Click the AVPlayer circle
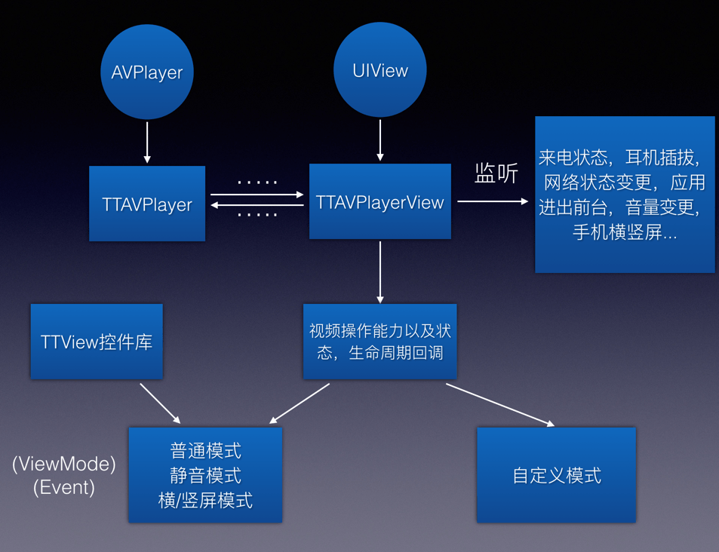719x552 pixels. coord(147,72)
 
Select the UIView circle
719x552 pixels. coord(380,70)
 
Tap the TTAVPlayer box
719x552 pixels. coord(147,204)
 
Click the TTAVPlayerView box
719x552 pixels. coord(380,202)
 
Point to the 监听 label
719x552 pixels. coord(496,174)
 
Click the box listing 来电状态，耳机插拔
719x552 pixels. coord(625,195)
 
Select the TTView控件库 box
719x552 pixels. coord(97,342)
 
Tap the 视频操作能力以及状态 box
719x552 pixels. coord(380,342)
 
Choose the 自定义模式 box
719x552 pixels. coord(556,476)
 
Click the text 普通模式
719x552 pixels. coord(205,451)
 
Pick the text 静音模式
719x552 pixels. coord(205,476)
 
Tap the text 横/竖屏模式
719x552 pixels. coord(205,500)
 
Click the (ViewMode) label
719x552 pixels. coord(64,465)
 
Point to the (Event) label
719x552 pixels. coord(64,487)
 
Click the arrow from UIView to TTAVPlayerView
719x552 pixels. coord(380,140)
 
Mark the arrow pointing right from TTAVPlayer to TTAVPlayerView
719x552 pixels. coord(257,195)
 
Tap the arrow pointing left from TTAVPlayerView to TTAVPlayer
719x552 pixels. coord(257,205)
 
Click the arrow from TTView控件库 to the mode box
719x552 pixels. coord(160,403)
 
